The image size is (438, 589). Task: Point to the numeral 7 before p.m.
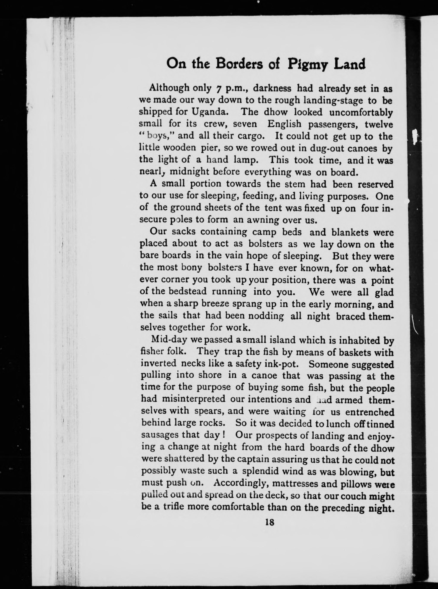pyautogui.click(x=219, y=89)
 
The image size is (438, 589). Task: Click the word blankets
pyautogui.click(x=350, y=232)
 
